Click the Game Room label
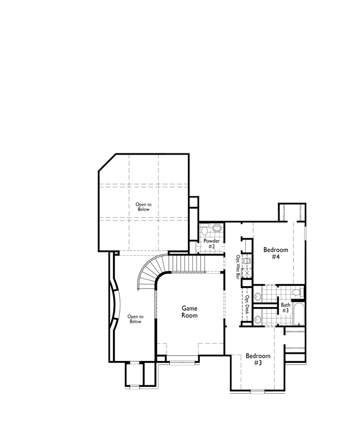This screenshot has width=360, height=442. coord(190,312)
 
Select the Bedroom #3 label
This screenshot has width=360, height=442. coord(258,359)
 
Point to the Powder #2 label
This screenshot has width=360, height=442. coord(211,244)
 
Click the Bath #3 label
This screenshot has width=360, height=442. coord(285,308)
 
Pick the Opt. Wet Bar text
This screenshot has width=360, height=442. coord(238,267)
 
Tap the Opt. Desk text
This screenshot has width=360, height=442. coord(247,304)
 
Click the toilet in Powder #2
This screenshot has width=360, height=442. coord(205,229)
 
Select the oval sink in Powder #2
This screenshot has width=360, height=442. coord(217,228)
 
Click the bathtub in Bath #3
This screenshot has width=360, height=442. coord(299,313)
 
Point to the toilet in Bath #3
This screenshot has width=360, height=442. coord(297,292)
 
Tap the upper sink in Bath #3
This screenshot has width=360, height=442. coord(258,296)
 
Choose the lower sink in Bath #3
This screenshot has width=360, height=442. coord(258,319)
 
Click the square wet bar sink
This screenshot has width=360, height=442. coord(247,261)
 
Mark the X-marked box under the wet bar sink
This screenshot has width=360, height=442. coord(247,272)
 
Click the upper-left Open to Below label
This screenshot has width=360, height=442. coord(143,207)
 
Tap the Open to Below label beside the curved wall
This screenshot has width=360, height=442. coord(136,319)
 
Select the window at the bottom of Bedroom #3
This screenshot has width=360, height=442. coord(258,391)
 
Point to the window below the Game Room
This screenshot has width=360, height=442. coord(182,363)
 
